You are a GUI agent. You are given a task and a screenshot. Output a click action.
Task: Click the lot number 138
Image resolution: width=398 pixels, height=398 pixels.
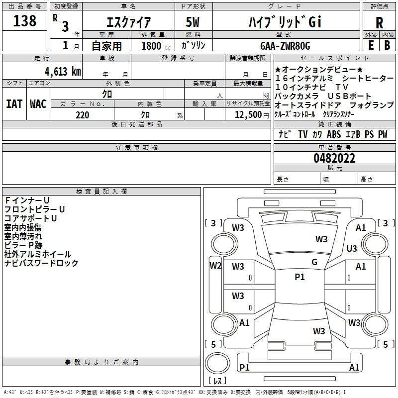[24, 20]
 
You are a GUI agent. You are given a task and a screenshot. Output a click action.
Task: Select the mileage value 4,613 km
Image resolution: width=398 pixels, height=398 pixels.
[63, 72]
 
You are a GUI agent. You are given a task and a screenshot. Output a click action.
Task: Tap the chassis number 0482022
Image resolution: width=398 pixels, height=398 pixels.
[334, 158]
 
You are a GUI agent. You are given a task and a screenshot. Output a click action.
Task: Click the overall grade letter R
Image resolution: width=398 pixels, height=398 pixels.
[379, 22]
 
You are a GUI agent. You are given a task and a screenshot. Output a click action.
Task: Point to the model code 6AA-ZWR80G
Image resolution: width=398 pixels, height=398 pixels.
[285, 46]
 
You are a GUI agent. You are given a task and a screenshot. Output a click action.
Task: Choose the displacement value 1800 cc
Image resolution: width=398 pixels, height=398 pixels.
[156, 46]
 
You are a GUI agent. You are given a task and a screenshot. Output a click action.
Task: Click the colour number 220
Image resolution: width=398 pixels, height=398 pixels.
[82, 115]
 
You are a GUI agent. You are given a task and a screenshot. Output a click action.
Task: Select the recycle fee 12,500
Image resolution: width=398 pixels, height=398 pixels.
[248, 115]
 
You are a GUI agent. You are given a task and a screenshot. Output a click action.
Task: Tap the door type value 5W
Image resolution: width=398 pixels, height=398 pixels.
[193, 22]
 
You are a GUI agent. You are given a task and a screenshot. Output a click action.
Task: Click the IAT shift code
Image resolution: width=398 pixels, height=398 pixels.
[14, 104]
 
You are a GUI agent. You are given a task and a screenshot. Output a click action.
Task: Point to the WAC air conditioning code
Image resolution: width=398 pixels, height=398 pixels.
[38, 104]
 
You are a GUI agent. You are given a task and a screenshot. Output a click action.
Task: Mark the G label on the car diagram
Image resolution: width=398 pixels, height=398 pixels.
[314, 262]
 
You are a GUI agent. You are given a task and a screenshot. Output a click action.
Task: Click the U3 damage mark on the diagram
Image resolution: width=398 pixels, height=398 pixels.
[352, 248]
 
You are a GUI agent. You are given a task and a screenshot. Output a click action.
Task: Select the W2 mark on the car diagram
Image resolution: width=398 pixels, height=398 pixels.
[215, 266]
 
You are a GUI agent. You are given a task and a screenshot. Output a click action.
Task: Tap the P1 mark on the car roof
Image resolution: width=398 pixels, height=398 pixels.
[299, 277]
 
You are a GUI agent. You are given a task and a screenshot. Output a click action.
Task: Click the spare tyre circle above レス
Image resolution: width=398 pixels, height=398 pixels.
[217, 363]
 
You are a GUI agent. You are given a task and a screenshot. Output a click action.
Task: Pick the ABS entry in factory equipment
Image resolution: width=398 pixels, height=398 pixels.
[334, 134]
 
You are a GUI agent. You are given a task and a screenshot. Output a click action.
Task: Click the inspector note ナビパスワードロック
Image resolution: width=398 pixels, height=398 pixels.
[41, 263]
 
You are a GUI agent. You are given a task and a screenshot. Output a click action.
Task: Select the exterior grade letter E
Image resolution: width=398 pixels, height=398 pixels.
[371, 45]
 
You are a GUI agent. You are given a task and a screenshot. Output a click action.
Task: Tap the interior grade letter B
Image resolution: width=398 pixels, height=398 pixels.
[388, 45]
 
